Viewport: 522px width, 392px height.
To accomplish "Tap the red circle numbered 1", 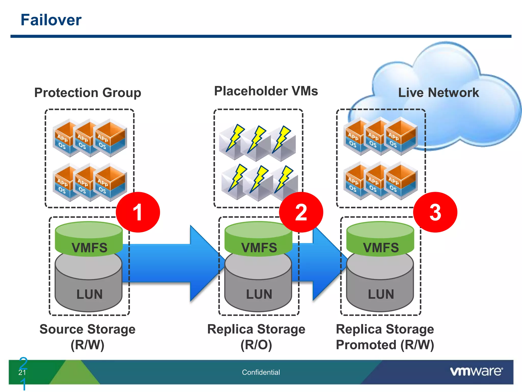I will click(x=138, y=212).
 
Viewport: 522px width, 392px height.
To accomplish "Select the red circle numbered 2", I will click(x=301, y=212).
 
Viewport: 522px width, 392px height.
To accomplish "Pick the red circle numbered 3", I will click(x=435, y=212).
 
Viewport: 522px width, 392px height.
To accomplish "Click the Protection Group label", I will click(x=88, y=92).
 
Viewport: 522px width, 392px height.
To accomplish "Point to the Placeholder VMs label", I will click(x=266, y=91).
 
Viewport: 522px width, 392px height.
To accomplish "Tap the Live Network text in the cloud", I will click(x=438, y=92).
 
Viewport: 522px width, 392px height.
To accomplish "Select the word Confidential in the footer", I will click(x=261, y=372).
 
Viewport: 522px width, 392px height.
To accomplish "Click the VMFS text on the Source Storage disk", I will click(x=89, y=248).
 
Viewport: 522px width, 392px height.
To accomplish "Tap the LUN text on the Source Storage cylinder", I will click(x=89, y=294).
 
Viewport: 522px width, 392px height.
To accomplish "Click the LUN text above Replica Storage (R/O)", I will click(x=259, y=294).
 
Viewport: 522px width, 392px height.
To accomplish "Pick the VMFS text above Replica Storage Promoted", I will click(x=381, y=248).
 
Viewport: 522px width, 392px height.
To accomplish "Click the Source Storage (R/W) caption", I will click(x=87, y=337).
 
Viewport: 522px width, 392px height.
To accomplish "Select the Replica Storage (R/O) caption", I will click(x=256, y=337).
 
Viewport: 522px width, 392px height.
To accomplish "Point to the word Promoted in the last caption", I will click(x=366, y=345).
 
